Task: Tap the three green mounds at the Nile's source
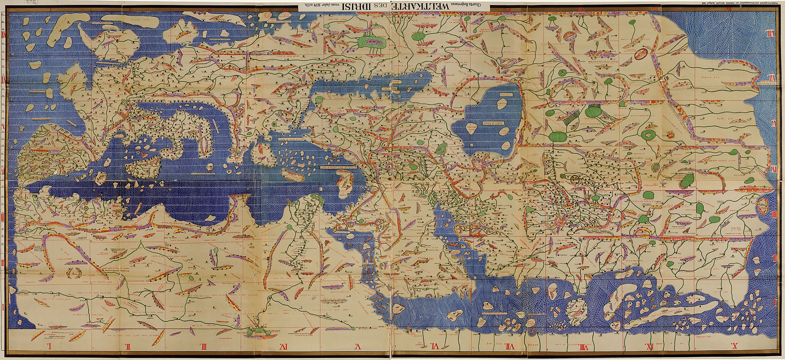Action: tap(256, 331)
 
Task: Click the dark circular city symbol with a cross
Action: tap(576, 178)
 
